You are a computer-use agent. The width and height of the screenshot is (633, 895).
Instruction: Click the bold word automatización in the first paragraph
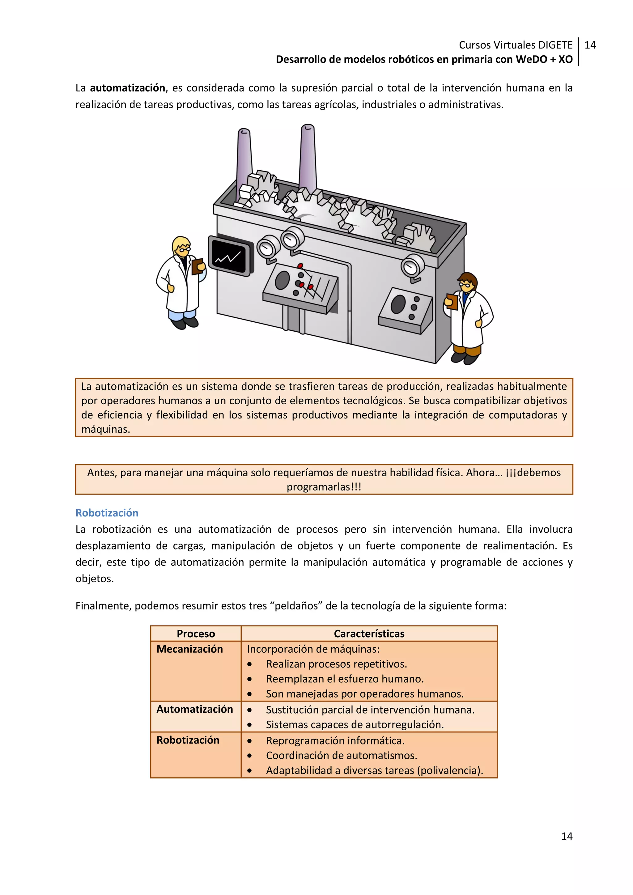(127, 88)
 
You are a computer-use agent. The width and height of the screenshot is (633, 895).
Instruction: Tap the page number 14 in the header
(590, 45)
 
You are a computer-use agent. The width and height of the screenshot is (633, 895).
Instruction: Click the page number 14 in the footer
(566, 836)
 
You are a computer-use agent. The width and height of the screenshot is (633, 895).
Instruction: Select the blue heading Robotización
(107, 513)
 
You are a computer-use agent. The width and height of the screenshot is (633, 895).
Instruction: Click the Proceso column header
(196, 634)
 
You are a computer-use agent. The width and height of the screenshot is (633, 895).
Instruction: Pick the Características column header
(369, 634)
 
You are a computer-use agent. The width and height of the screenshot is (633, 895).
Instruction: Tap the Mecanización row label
(189, 649)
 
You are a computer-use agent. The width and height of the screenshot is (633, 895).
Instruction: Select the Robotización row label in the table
(188, 740)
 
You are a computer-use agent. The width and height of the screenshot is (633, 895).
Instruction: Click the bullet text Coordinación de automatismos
(342, 755)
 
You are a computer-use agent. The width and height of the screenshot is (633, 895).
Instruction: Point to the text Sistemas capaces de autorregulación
(355, 725)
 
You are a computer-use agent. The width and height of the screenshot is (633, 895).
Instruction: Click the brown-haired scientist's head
(467, 282)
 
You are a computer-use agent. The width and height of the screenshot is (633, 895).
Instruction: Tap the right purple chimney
(308, 156)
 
